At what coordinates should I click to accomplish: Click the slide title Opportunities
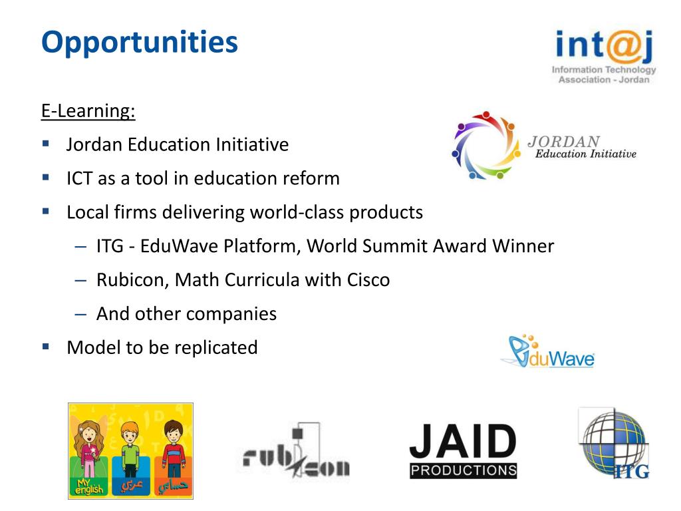pyautogui.click(x=139, y=43)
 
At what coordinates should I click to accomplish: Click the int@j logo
pyautogui.click(x=604, y=56)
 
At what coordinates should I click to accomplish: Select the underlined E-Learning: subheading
pyautogui.click(x=88, y=110)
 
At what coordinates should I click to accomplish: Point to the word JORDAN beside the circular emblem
pyautogui.click(x=563, y=142)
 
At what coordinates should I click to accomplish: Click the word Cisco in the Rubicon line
pyautogui.click(x=368, y=280)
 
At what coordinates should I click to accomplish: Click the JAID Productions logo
pyautogui.click(x=463, y=451)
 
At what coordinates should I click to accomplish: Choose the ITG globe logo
pyautogui.click(x=613, y=443)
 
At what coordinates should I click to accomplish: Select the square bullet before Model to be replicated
pyautogui.click(x=46, y=347)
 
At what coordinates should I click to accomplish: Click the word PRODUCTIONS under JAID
pyautogui.click(x=464, y=470)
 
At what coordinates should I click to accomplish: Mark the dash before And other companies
pyautogui.click(x=80, y=314)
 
